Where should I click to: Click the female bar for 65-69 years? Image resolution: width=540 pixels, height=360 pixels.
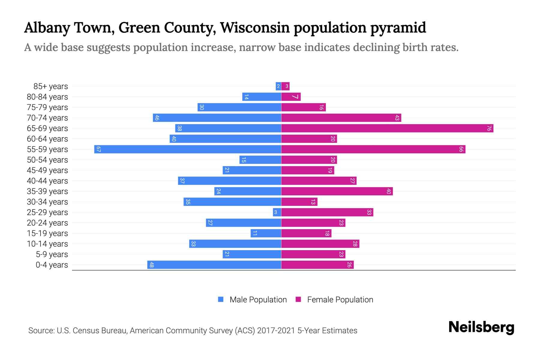coord(387,128)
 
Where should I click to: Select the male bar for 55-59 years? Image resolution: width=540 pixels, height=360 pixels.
coord(187,149)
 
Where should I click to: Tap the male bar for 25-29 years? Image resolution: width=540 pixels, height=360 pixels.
coord(277,212)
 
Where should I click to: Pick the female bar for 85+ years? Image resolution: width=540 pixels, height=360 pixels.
coord(285,86)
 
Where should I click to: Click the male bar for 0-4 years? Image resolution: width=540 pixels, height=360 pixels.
coord(214,265)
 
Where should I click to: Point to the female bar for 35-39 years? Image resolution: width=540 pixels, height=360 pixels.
coord(337,191)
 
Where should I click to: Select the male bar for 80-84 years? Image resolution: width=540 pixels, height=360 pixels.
coord(262,97)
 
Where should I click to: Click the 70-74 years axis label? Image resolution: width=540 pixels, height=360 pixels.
coord(47,118)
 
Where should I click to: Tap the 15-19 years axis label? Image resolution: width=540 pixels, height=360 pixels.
coord(47,233)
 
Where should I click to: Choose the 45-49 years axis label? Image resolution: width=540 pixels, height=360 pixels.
coord(47,170)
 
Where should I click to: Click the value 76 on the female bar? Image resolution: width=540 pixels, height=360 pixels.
coord(489,128)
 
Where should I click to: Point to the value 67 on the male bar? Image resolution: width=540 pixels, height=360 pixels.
coord(98,149)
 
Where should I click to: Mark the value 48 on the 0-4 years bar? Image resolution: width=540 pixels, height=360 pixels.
coord(151,265)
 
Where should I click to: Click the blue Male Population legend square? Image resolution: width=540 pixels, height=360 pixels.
coord(221,299)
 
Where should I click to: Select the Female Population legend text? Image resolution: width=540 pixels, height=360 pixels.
coord(340,300)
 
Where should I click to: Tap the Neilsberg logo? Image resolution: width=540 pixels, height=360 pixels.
coord(481,327)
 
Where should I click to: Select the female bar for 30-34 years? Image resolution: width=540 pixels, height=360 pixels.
coord(299,202)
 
